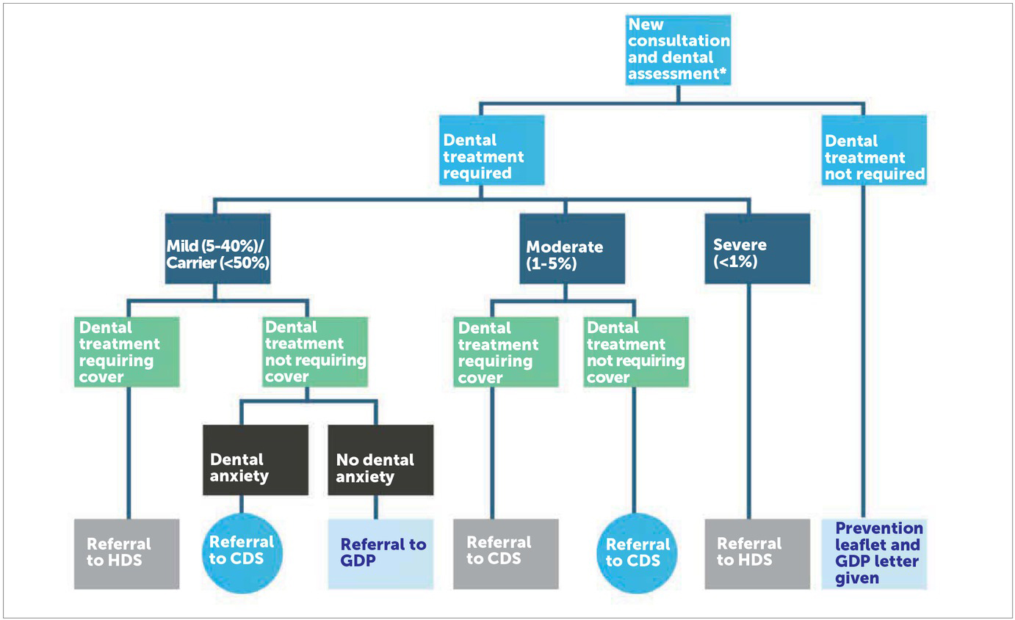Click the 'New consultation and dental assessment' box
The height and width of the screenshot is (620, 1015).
point(678,50)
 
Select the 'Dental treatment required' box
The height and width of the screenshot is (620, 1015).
point(492,150)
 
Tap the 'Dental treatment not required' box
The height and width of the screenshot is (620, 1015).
point(874,150)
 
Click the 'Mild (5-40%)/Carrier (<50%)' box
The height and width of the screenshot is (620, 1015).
point(217,249)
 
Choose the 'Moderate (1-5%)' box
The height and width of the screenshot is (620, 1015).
point(572,249)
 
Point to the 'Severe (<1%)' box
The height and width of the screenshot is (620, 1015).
point(757,249)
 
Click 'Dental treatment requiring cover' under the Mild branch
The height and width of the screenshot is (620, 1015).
point(127,351)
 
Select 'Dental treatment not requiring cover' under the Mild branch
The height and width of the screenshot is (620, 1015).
point(314,351)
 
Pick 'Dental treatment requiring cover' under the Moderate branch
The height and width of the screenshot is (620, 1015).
point(505,351)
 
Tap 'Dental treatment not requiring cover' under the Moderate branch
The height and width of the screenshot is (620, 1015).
point(636,351)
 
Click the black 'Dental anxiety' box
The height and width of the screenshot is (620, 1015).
point(255,460)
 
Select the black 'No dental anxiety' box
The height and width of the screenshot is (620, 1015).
point(380,460)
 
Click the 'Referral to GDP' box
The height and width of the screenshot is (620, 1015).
point(380,553)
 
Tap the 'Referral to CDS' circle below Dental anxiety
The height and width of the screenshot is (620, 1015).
point(242,552)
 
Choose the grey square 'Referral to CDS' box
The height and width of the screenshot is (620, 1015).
point(505,553)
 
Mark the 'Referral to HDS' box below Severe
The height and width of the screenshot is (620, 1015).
point(757,553)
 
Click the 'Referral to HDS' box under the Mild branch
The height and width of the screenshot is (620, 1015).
point(127,553)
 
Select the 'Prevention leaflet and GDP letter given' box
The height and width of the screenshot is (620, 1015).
point(874,553)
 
